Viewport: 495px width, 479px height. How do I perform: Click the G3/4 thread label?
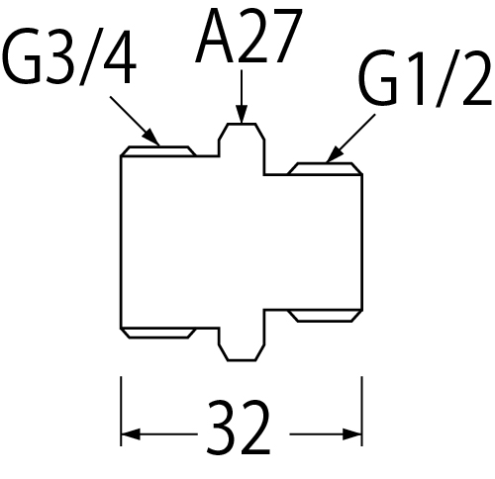(69, 57)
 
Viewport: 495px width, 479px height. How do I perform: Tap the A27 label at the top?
(248, 35)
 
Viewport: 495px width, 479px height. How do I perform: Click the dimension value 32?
(239, 428)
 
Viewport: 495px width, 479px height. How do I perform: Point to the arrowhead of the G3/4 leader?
(151, 137)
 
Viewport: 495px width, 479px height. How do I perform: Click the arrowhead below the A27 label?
(242, 114)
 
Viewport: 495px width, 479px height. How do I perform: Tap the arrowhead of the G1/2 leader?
(335, 153)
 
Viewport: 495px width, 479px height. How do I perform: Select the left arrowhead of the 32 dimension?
(131, 434)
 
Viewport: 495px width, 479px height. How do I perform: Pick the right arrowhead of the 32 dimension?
(352, 434)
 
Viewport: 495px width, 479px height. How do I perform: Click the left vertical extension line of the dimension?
(121, 411)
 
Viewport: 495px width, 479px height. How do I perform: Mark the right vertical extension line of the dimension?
(362, 411)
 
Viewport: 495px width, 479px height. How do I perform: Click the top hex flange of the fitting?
(242, 140)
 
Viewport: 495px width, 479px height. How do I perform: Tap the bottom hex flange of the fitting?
(242, 344)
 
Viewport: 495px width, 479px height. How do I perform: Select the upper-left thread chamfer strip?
(158, 151)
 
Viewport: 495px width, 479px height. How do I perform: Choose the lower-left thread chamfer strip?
(158, 334)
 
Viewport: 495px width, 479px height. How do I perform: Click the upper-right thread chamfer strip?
(326, 168)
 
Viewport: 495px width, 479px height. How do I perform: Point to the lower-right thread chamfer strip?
(326, 316)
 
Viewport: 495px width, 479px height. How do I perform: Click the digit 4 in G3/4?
(120, 59)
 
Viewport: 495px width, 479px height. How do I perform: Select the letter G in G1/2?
(378, 79)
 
